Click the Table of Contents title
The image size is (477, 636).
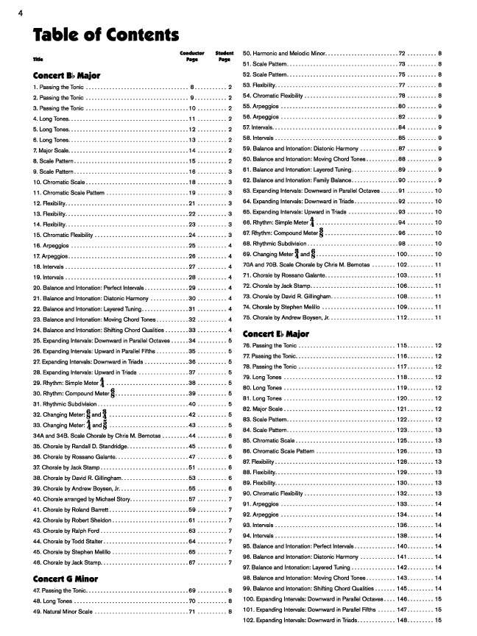pos(105,35)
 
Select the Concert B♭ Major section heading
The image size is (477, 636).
pos(67,75)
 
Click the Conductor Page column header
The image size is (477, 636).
pos(192,57)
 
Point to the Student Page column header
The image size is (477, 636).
pos(225,57)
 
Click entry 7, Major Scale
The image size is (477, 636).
pos(52,150)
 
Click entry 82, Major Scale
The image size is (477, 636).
pos(263,409)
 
